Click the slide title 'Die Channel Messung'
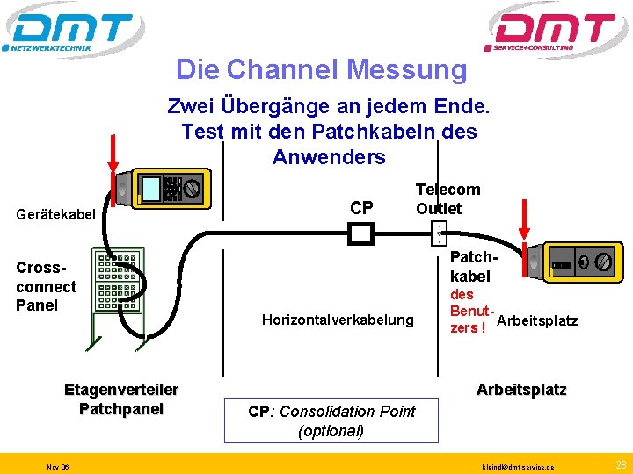tap(321, 68)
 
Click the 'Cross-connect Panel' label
tap(46, 286)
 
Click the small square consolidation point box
tap(361, 233)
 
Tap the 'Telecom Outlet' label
tap(447, 198)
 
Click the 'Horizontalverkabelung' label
tap(338, 320)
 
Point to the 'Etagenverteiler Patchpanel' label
tap(121, 399)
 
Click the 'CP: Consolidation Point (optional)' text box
tap(331, 421)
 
